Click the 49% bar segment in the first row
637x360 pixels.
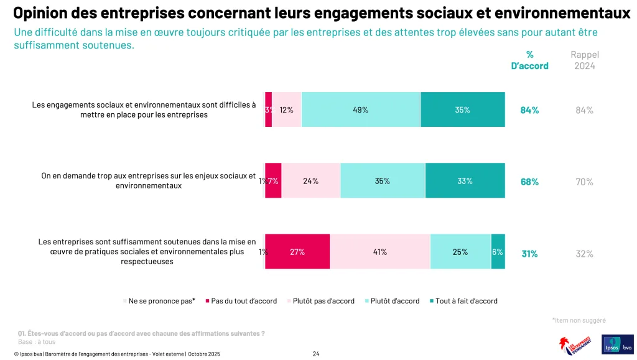361,109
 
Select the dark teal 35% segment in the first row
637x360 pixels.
462,109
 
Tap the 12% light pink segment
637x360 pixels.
287,109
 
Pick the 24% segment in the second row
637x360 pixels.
310,181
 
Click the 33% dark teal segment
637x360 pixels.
465,181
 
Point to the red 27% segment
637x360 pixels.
297,252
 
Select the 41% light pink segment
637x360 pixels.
379,252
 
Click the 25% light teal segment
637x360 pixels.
460,252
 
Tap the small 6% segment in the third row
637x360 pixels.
498,252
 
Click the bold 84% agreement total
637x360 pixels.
529,110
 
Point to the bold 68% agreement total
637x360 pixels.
529,182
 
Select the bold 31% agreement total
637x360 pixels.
529,253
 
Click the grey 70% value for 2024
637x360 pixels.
584,182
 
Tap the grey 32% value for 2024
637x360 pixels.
584,253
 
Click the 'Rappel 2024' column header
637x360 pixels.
584,60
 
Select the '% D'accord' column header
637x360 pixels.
529,60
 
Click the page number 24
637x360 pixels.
316,354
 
